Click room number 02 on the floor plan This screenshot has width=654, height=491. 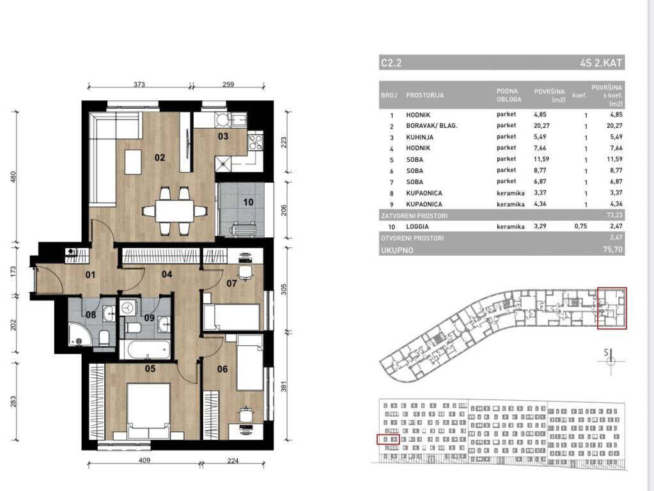[160, 158]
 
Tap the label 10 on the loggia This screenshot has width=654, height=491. [248, 202]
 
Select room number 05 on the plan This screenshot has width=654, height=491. [150, 368]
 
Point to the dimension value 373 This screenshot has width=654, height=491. [139, 84]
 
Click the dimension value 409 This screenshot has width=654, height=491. [144, 460]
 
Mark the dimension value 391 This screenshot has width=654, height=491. [284, 386]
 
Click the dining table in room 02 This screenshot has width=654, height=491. [175, 211]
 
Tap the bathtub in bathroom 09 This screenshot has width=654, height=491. [144, 350]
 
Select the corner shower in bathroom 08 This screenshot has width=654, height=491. [80, 334]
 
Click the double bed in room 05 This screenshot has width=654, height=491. [148, 411]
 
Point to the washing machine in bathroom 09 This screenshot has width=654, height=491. [128, 308]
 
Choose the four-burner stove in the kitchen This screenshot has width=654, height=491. [255, 141]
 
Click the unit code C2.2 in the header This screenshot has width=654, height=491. [391, 63]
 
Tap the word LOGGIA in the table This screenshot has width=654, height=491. [417, 226]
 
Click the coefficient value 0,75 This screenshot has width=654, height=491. [580, 226]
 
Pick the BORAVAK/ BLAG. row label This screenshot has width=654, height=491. [432, 125]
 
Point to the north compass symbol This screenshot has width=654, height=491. [610, 360]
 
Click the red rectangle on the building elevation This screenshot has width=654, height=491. [388, 439]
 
